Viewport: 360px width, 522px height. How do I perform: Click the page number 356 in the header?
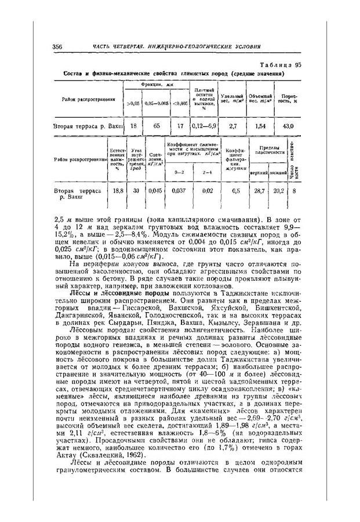(57, 46)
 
